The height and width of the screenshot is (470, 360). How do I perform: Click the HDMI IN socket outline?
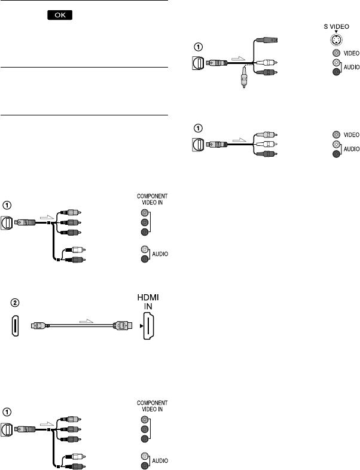click(x=151, y=327)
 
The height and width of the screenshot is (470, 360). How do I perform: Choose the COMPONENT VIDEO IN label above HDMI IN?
click(x=152, y=200)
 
